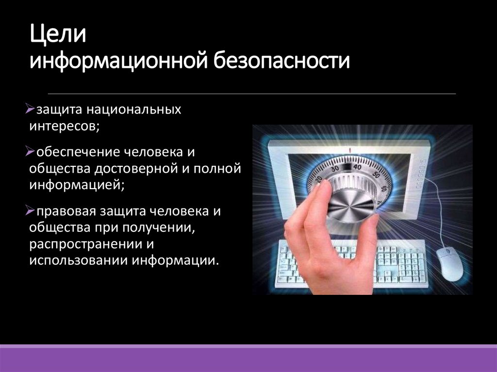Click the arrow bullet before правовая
(x=29, y=211)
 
